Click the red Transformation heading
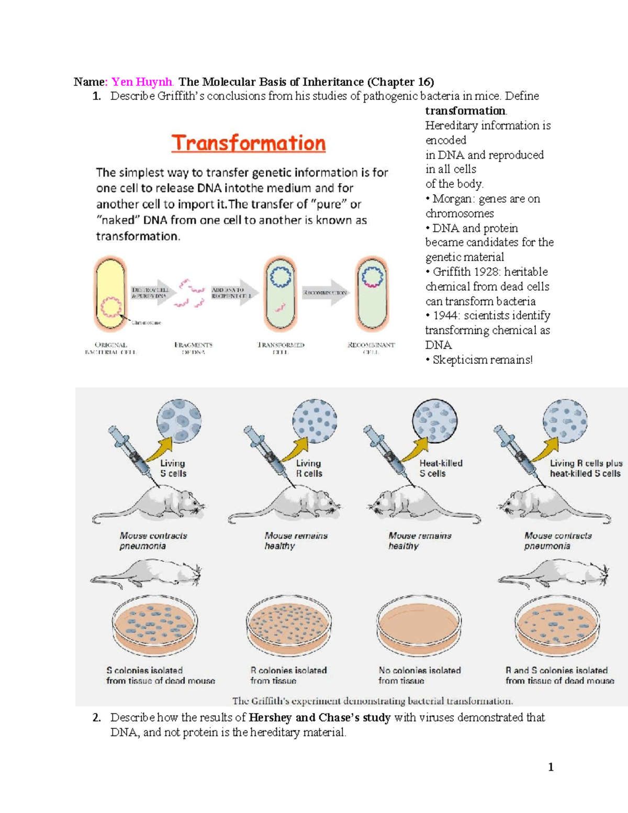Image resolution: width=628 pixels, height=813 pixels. pyautogui.click(x=249, y=143)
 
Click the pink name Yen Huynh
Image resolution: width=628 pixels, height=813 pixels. pyautogui.click(x=142, y=82)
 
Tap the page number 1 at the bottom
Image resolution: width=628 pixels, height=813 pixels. pyautogui.click(x=551, y=767)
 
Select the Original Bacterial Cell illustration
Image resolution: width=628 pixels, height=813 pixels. pyautogui.click(x=110, y=295)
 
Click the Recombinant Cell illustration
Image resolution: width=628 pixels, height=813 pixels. pyautogui.click(x=372, y=295)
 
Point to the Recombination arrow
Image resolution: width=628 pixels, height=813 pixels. pyautogui.click(x=326, y=293)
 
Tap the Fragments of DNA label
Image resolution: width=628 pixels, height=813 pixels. pyautogui.click(x=193, y=348)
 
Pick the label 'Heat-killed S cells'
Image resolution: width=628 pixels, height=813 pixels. pyautogui.click(x=441, y=468)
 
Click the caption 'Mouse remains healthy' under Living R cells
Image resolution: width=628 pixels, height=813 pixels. pyautogui.click(x=296, y=541)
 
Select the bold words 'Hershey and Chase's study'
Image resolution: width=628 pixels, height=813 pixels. pyautogui.click(x=319, y=718)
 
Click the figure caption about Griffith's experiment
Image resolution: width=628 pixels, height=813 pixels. pyautogui.click(x=373, y=701)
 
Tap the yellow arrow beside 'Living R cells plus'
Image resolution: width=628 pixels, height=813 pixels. pyautogui.click(x=545, y=450)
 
